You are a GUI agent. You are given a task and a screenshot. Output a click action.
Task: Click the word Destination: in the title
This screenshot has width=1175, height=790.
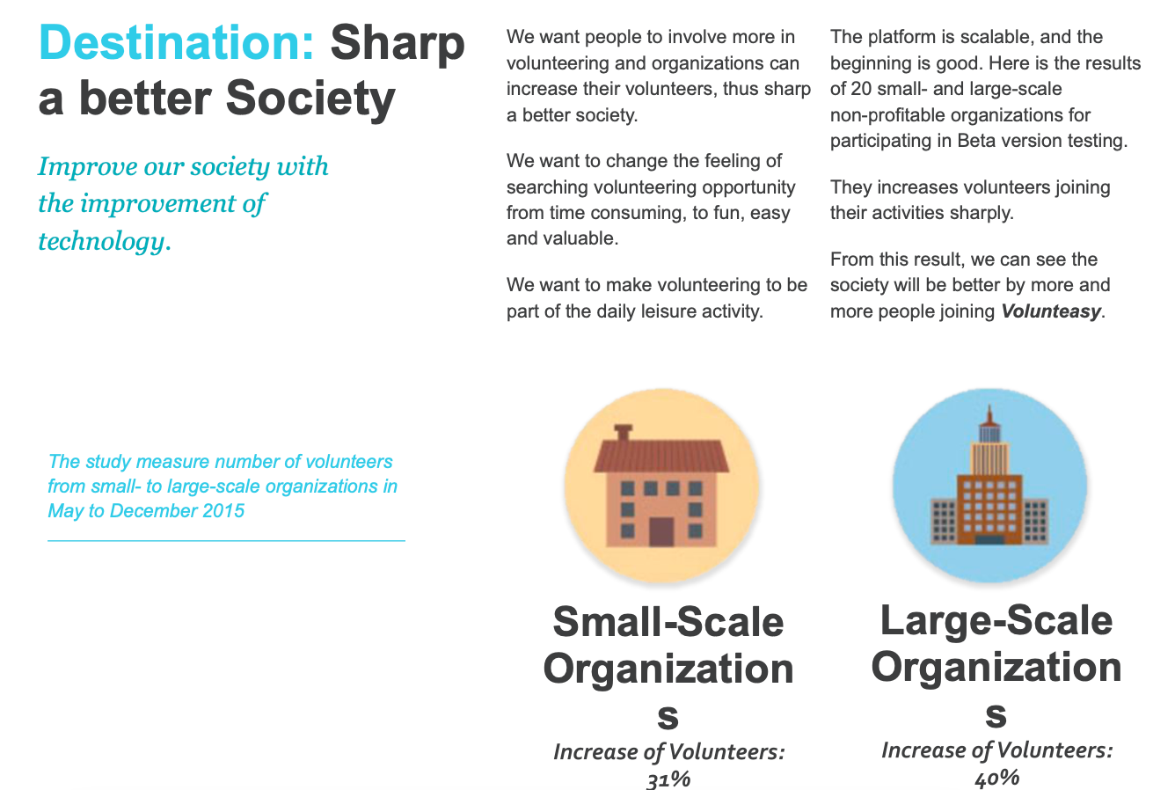[x=176, y=42]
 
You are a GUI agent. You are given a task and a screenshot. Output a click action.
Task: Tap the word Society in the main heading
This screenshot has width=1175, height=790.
[x=310, y=99]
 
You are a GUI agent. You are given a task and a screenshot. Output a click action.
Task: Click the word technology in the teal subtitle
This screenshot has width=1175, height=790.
[x=102, y=242]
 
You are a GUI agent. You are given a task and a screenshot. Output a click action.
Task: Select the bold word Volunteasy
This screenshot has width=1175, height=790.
[x=1051, y=311]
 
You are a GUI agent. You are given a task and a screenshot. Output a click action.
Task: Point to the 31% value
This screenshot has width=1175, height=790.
[x=668, y=779]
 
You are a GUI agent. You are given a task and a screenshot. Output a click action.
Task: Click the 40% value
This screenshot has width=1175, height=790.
[x=996, y=778]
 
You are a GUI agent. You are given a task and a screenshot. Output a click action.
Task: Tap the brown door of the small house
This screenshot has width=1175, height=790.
[x=661, y=532]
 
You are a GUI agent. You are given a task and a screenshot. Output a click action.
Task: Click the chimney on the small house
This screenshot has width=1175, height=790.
[x=623, y=433]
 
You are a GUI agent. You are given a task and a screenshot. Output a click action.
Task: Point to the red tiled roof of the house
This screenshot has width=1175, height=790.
[x=661, y=457]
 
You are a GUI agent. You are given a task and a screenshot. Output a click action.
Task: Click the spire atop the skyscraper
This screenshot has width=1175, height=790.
[x=989, y=415]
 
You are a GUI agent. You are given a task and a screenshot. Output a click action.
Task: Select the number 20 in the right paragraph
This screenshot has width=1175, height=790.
[x=861, y=89]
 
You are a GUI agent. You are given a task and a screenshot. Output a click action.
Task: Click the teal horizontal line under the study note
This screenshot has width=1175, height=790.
[x=226, y=540]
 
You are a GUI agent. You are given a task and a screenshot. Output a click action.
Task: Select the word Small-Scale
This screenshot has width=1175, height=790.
[x=668, y=623]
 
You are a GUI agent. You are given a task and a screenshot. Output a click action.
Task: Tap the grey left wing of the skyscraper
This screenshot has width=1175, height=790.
[x=944, y=521]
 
